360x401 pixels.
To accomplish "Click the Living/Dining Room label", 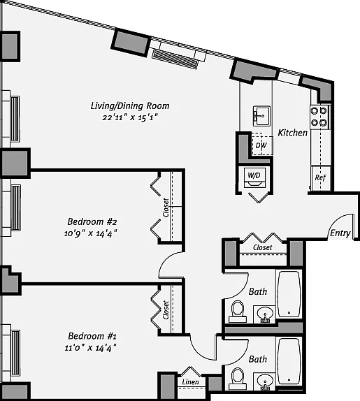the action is tap(130, 106).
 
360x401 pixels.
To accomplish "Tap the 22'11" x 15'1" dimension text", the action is tap(130, 117).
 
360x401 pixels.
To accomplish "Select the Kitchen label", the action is tap(293, 133).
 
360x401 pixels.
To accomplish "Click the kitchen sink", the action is tap(261, 116).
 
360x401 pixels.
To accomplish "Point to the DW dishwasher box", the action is tap(262, 145).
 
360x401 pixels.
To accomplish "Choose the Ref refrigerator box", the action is tap(321, 178).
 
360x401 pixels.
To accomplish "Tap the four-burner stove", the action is tap(319, 117).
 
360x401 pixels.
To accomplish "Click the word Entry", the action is tap(340, 233).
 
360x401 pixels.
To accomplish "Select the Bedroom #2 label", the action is tap(92, 221).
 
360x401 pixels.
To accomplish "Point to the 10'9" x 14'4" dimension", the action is tap(91, 233).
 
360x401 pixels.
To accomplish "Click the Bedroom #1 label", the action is tap(92, 336).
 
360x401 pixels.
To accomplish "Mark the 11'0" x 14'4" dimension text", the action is tap(91, 348).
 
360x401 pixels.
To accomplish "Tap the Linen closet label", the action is tap(190, 382).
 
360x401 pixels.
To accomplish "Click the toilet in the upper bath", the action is tap(238, 312).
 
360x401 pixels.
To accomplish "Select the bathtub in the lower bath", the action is tap(289, 361).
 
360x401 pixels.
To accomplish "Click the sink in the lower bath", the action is tap(265, 381).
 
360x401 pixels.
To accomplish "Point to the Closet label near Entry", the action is tap(263, 247).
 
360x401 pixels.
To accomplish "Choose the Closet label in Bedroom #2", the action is tap(166, 207).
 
